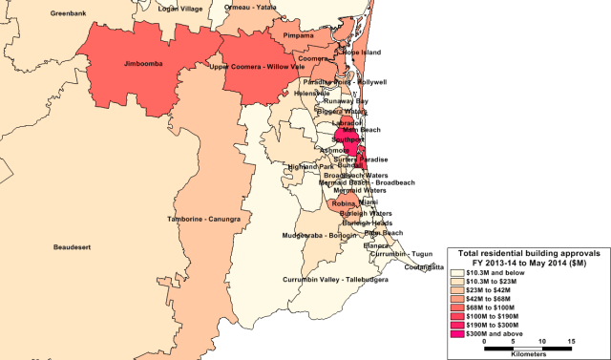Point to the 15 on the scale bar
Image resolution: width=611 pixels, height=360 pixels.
(570, 341)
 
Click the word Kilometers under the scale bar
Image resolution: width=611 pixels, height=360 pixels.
(528, 353)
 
